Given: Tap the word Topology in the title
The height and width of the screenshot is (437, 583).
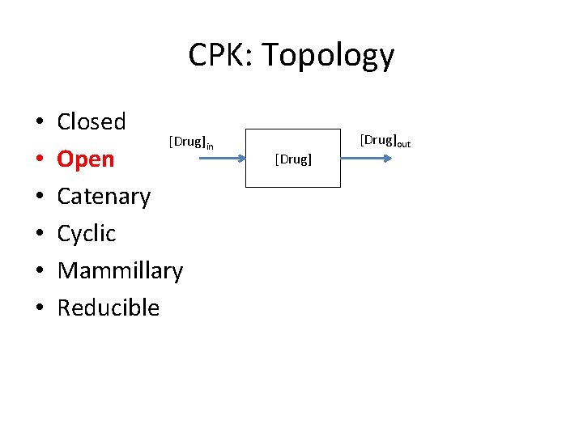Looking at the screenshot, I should [x=328, y=57].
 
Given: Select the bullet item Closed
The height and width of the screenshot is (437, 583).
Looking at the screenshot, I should [x=91, y=122].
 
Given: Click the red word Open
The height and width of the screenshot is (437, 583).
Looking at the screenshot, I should [x=86, y=159].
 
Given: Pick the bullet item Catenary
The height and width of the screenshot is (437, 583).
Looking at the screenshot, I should [x=104, y=197].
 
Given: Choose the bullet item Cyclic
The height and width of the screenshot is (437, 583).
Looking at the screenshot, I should [x=87, y=234].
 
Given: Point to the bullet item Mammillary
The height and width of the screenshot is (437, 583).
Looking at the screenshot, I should [x=120, y=270].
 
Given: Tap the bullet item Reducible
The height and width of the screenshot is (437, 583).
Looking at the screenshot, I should [x=109, y=308].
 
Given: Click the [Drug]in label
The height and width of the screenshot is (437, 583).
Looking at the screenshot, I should [x=191, y=142].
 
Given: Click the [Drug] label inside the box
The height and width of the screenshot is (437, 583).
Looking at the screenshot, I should [x=293, y=159].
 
